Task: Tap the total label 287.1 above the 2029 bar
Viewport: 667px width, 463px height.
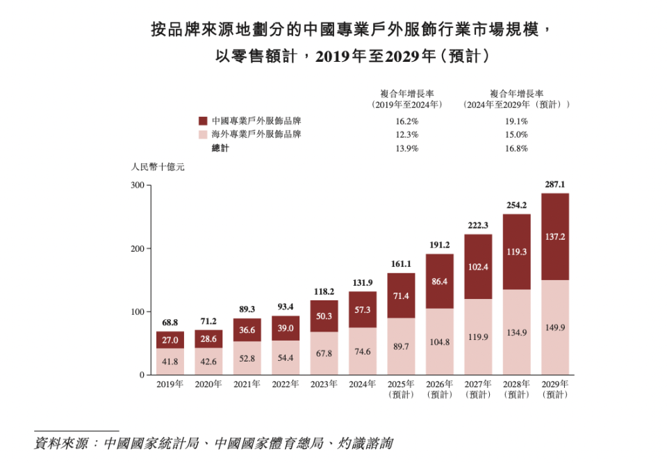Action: (554, 185)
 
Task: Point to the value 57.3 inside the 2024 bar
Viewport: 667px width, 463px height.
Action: (363, 310)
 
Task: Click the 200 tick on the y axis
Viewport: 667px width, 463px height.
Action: (136, 249)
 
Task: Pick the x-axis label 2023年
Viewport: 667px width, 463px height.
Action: (324, 384)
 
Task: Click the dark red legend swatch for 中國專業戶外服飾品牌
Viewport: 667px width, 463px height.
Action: (203, 120)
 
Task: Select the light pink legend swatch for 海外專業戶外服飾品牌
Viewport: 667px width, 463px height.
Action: (203, 134)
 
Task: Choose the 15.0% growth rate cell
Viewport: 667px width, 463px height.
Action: (516, 134)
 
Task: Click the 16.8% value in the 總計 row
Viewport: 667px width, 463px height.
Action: (516, 148)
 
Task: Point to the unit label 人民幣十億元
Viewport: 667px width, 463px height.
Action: (158, 167)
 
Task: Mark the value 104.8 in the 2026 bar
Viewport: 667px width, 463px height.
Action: (439, 343)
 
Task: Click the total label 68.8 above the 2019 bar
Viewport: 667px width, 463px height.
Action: (170, 323)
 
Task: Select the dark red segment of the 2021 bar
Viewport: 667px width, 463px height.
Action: (247, 330)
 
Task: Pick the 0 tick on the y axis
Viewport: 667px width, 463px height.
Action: (141, 375)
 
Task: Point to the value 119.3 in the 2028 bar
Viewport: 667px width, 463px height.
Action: (516, 252)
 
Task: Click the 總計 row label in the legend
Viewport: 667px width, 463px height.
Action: (220, 148)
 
